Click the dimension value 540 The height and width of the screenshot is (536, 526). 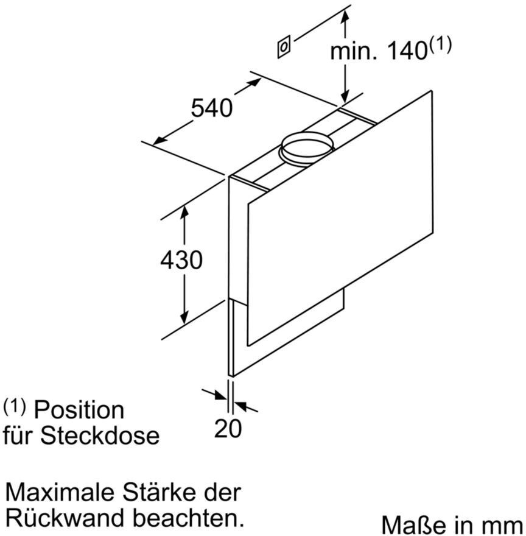pyautogui.click(x=212, y=108)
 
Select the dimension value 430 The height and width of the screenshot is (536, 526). pyautogui.click(x=181, y=260)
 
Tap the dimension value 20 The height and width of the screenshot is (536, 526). pyautogui.click(x=228, y=428)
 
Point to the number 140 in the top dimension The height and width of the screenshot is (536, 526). pyautogui.click(x=407, y=51)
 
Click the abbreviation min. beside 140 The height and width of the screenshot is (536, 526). pyautogui.click(x=354, y=51)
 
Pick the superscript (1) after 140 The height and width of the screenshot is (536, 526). pyautogui.click(x=440, y=45)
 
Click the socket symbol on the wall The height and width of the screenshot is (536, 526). pyautogui.click(x=284, y=46)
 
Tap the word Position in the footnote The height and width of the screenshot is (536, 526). pyautogui.click(x=79, y=410)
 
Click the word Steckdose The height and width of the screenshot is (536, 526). pyautogui.click(x=100, y=435)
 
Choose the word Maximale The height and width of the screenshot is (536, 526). pyautogui.click(x=60, y=493)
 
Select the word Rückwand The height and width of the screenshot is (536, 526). pyautogui.click(x=65, y=518)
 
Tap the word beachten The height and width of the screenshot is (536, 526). pyautogui.click(x=188, y=518)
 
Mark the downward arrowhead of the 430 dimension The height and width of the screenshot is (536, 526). pyautogui.click(x=184, y=317)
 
